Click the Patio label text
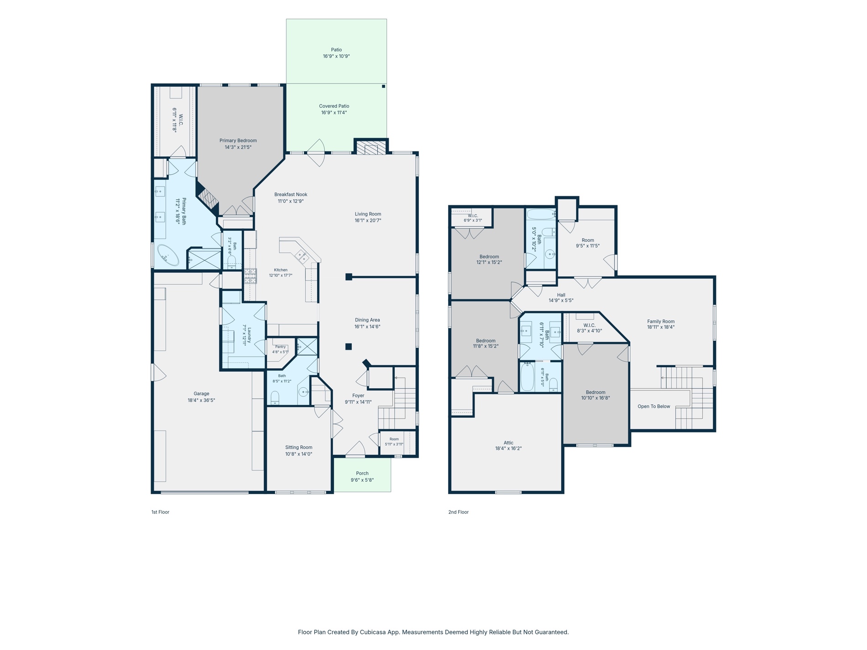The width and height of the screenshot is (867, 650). pyautogui.click(x=336, y=50)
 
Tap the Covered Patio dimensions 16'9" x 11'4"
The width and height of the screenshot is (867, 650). pyautogui.click(x=334, y=113)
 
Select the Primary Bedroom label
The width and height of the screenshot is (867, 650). pyautogui.click(x=238, y=140)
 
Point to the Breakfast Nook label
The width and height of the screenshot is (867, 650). pyautogui.click(x=291, y=194)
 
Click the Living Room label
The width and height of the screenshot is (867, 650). pyautogui.click(x=368, y=214)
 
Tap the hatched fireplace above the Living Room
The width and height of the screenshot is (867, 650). pyautogui.click(x=371, y=148)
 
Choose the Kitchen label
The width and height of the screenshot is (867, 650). pyautogui.click(x=281, y=270)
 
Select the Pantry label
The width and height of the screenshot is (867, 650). pyautogui.click(x=280, y=347)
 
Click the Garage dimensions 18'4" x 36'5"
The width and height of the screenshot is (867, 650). pyautogui.click(x=201, y=400)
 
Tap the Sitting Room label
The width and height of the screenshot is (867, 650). pyautogui.click(x=299, y=447)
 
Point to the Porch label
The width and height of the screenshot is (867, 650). pyautogui.click(x=362, y=473)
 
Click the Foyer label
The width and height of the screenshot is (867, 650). pyautogui.click(x=358, y=396)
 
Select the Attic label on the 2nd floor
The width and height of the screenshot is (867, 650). pyautogui.click(x=508, y=443)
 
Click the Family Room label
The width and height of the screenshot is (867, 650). pyautogui.click(x=661, y=322)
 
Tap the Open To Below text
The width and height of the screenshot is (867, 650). pyautogui.click(x=654, y=406)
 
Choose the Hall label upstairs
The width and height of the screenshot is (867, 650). pyautogui.click(x=561, y=295)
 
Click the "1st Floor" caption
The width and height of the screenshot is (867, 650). pyautogui.click(x=160, y=512)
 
